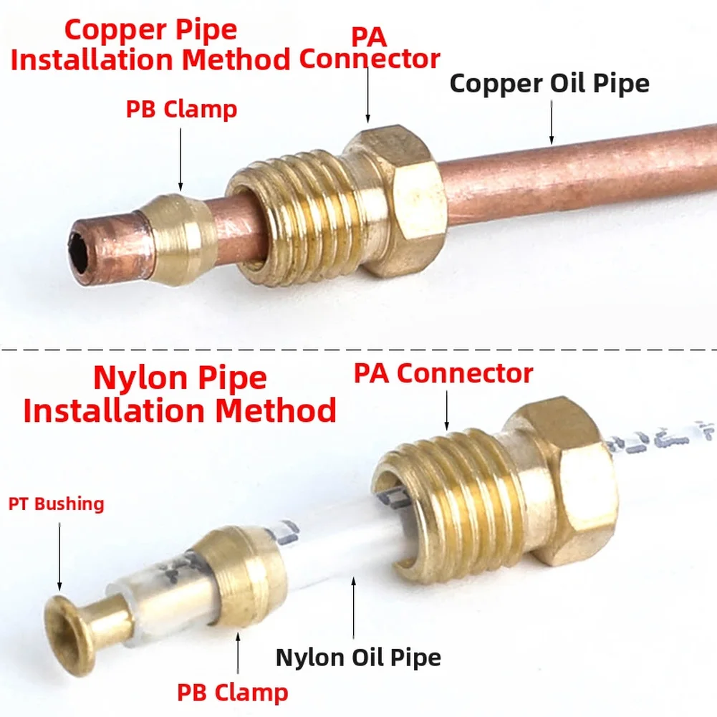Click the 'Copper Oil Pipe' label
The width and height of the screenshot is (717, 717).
549,83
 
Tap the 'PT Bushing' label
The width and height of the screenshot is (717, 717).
57,504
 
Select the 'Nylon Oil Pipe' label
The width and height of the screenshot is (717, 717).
358,658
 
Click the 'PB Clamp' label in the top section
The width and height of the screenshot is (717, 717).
181,110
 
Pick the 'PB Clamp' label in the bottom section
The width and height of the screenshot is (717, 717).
233,693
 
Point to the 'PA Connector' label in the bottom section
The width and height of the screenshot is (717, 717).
443,373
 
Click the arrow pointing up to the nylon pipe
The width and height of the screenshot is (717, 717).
353,607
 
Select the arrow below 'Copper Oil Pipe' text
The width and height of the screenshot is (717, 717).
552,122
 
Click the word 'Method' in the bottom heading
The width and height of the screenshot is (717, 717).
276,410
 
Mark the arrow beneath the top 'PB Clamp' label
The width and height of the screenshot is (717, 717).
181,159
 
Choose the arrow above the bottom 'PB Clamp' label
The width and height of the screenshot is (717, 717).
238,653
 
